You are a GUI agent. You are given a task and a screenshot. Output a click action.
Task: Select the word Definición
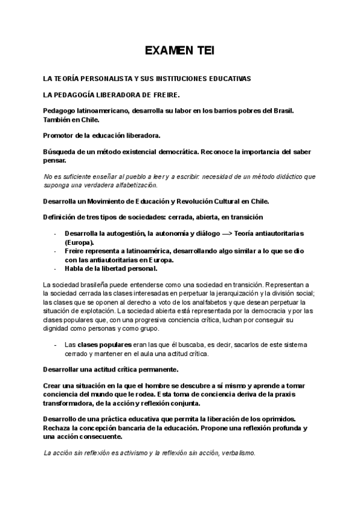(64, 217)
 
